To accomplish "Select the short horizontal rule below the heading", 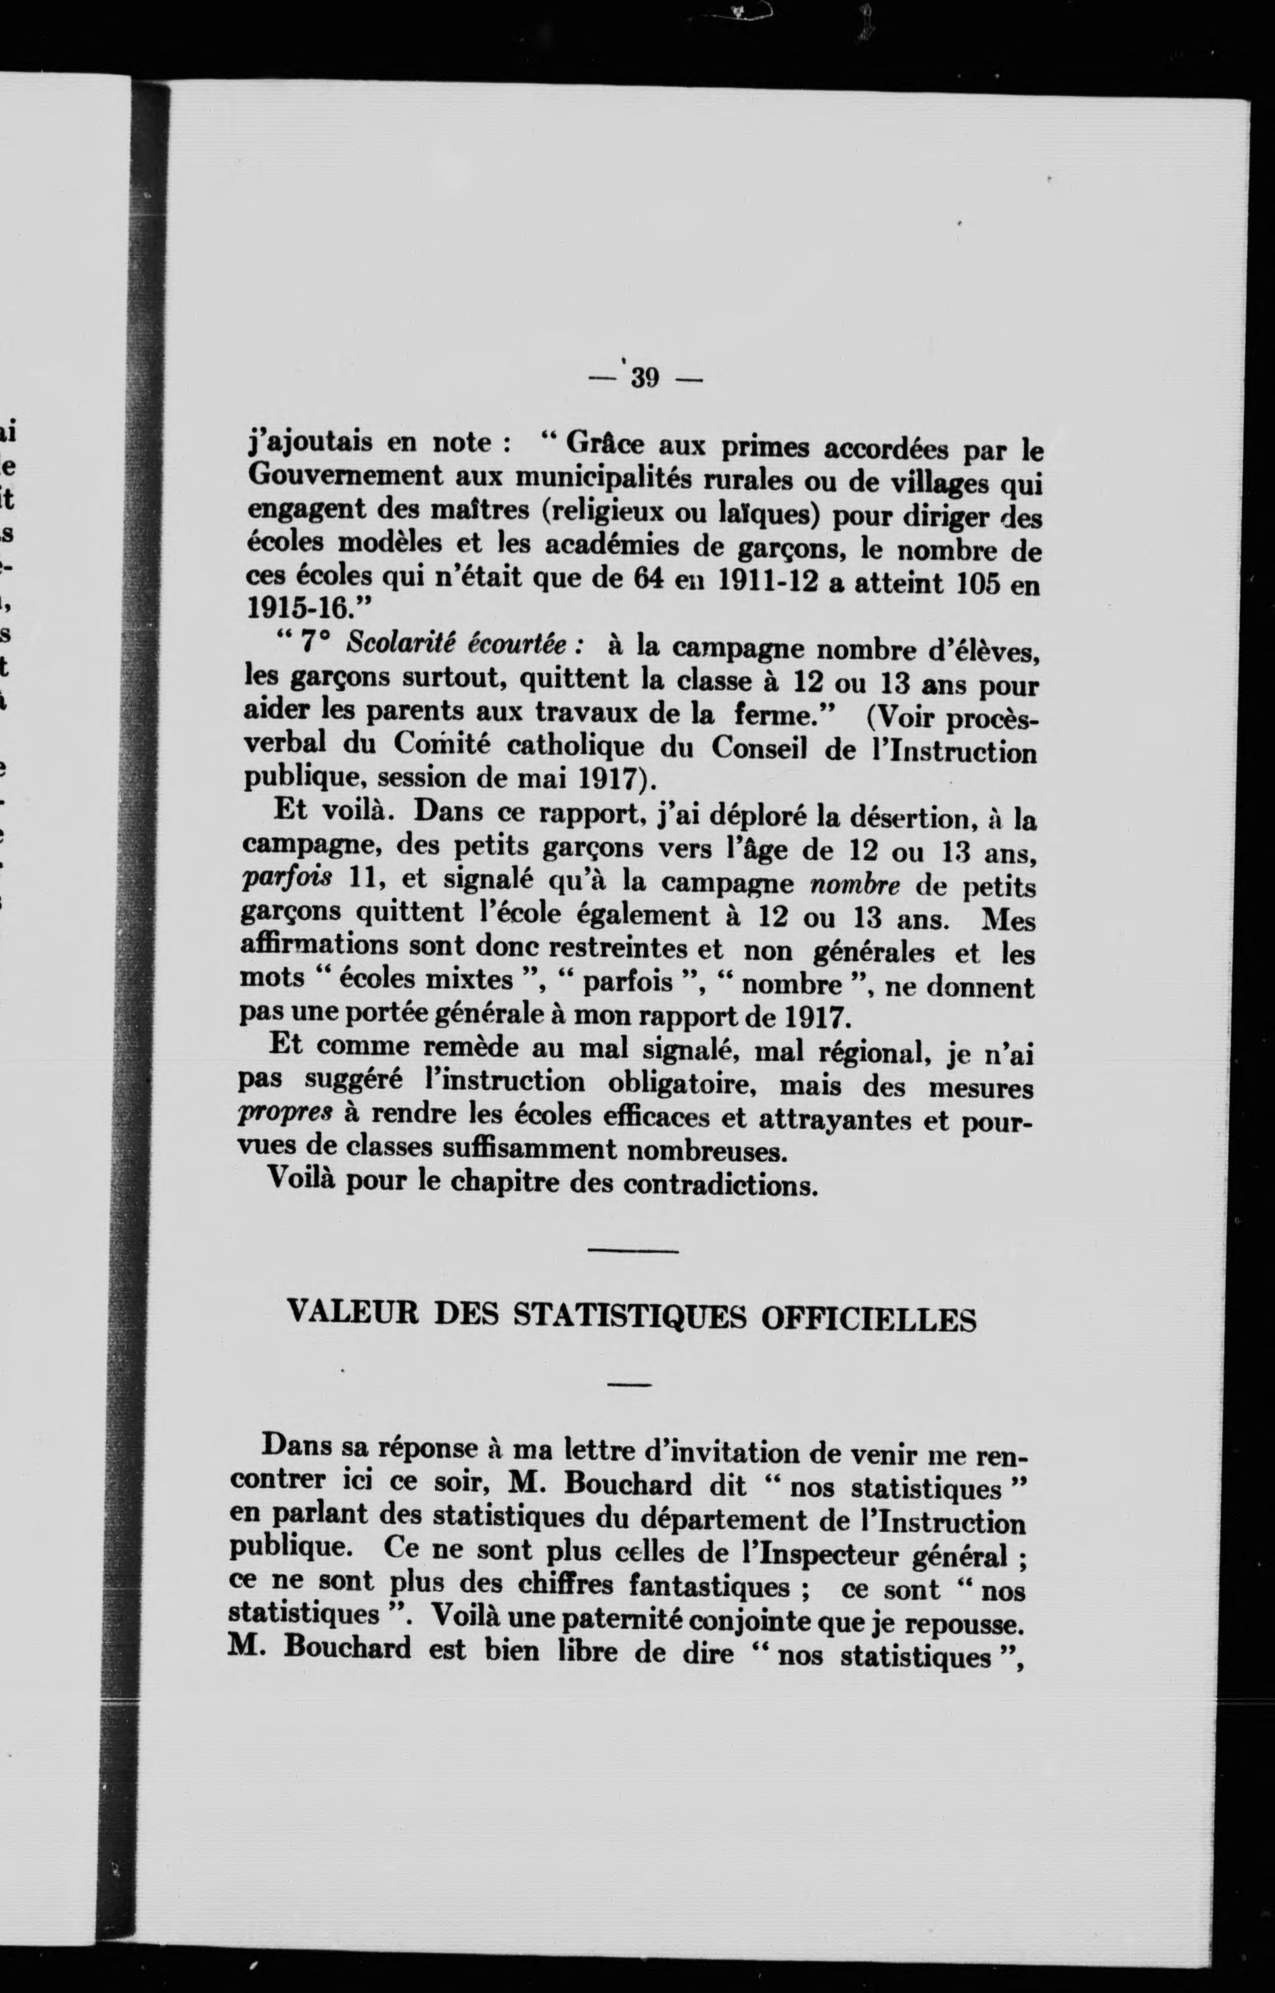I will point(629,1383).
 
